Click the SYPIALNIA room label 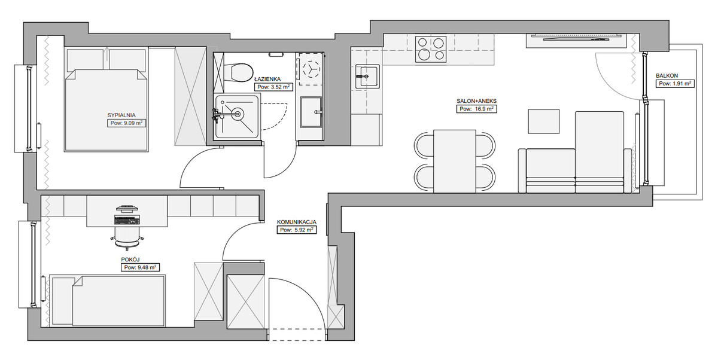coord(121,115)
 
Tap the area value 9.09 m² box coord(126,123)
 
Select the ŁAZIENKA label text coord(267,79)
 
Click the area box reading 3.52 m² coord(273,87)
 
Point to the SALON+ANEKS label coord(476,101)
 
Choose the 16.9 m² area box coord(476,109)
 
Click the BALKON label coord(667,76)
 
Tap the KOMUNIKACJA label coord(297,222)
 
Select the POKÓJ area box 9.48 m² coord(140,267)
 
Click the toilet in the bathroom coord(239,73)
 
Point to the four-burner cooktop coord(431,49)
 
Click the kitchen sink coord(367,77)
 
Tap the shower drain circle coord(238,114)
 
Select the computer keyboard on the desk coord(127,220)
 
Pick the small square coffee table coord(544,121)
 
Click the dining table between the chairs coord(455,161)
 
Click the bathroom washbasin coord(311,112)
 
